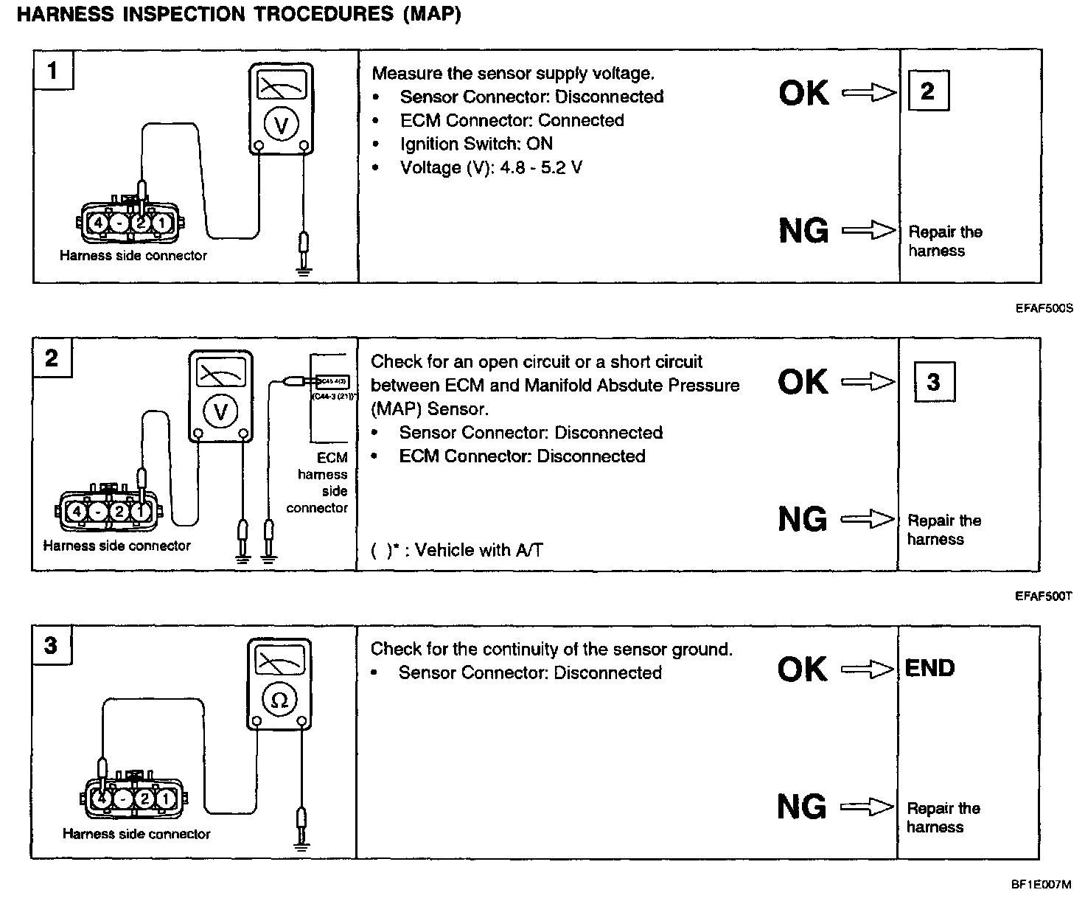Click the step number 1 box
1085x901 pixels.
coord(52,71)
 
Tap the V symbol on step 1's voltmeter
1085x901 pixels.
coord(281,126)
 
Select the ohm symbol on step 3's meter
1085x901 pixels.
coord(279,700)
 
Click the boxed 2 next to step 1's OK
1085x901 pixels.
coord(928,91)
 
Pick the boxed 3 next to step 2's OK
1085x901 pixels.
coord(934,381)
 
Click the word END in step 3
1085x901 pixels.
coord(930,668)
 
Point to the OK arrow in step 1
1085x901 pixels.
coord(869,92)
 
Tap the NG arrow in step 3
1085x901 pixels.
coord(868,807)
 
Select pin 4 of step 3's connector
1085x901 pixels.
coord(102,799)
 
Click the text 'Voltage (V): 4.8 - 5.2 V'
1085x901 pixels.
coord(491,167)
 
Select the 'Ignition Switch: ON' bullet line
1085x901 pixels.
coord(476,144)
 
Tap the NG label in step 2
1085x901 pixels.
coord(803,520)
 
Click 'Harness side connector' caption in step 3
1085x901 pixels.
coord(136,834)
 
